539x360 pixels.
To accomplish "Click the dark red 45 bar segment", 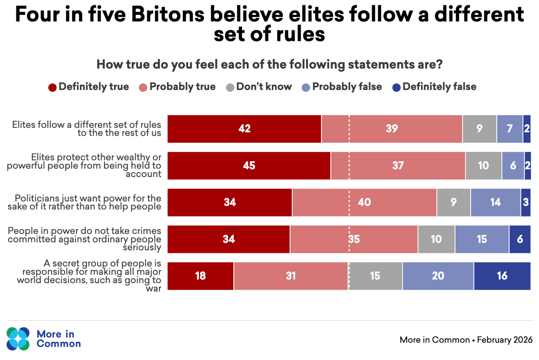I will pyautogui.click(x=249, y=166).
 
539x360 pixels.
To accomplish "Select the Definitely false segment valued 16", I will pyautogui.click(x=502, y=276).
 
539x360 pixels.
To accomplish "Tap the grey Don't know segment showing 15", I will pyautogui.click(x=375, y=276).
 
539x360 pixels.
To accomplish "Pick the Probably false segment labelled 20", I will pyautogui.click(x=438, y=276).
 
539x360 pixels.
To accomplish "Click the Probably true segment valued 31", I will pyautogui.click(x=291, y=276).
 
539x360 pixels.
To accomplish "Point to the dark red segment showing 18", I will pyautogui.click(x=200, y=276).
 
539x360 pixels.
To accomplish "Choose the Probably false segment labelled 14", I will pyautogui.click(x=495, y=203).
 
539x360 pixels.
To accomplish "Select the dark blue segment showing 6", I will pyautogui.click(x=520, y=239).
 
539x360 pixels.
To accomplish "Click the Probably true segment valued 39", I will pyautogui.click(x=392, y=129).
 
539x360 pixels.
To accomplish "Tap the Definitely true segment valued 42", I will pyautogui.click(x=244, y=129).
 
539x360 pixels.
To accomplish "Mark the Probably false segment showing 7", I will pyautogui.click(x=510, y=129).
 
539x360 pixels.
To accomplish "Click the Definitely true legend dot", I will pyautogui.click(x=52, y=88).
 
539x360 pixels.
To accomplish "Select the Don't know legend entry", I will pyautogui.click(x=258, y=87).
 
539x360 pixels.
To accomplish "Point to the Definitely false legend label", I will pyautogui.click(x=439, y=87).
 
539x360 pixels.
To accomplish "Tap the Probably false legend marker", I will pyautogui.click(x=306, y=88).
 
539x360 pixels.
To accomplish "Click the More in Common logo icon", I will pyautogui.click(x=18, y=339).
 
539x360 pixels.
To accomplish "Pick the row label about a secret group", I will pyautogui.click(x=102, y=276).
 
